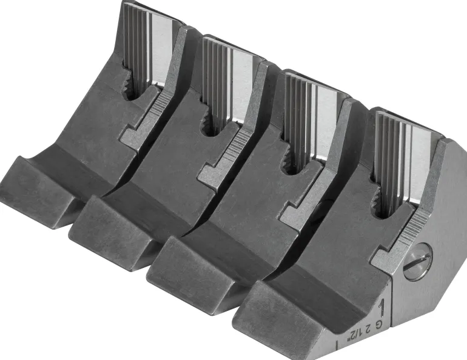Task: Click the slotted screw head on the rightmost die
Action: tap(417, 261)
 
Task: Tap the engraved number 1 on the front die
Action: tap(381, 309)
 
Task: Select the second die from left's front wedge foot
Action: tap(114, 227)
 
